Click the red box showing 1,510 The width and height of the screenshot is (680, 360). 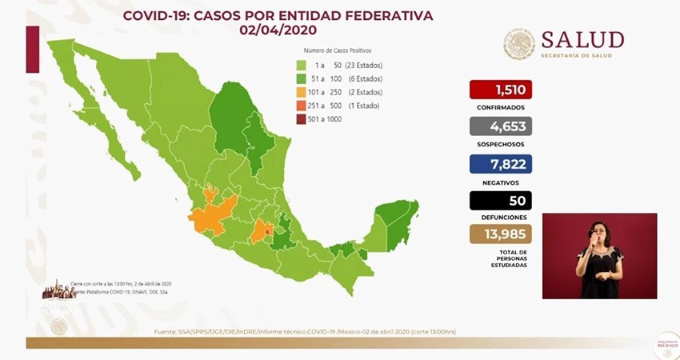tap(501, 89)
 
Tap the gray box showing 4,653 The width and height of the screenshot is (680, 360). tap(501, 126)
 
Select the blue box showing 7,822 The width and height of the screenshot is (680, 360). tap(501, 163)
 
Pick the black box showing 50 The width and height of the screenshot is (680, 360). tap(501, 200)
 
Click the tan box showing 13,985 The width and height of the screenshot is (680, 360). tap(501, 234)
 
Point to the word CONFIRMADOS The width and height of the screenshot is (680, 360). tap(501, 106)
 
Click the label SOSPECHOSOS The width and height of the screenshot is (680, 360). tap(501, 143)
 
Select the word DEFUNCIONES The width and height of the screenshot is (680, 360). tap(501, 217)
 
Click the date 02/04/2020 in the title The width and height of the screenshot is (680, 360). tap(278, 30)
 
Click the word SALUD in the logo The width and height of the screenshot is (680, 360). tap(582, 39)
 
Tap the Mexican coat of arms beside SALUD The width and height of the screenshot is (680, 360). tap(518, 44)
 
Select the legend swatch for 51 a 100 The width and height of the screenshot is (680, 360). tap(301, 79)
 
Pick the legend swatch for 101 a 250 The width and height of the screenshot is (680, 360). tap(301, 93)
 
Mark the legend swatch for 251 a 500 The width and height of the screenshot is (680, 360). tap(301, 106)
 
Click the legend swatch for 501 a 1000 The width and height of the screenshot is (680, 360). tap(301, 119)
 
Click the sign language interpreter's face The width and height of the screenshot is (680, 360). tap(599, 231)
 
